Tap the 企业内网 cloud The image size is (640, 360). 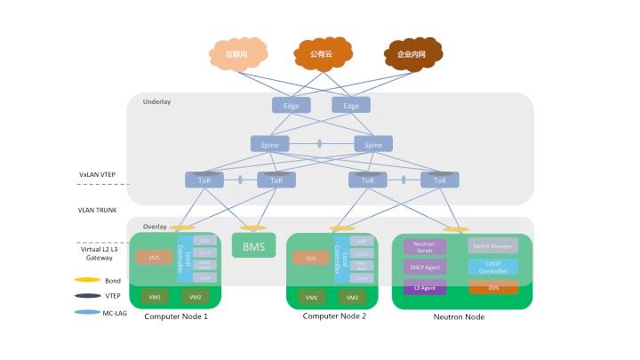(410, 55)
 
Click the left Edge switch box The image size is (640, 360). (292, 106)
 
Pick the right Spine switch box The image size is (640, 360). (373, 144)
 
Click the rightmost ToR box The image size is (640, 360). (440, 180)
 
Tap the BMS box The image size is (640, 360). (253, 245)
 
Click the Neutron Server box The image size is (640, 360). (425, 246)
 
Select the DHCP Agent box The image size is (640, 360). (425, 267)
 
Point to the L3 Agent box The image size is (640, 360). (425, 287)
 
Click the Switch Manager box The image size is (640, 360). (492, 245)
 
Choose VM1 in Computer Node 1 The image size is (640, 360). (156, 297)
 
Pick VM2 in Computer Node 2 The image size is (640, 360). (352, 297)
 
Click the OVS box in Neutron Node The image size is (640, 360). (492, 287)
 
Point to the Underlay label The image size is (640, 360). (156, 102)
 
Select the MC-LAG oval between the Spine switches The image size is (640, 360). (320, 144)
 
